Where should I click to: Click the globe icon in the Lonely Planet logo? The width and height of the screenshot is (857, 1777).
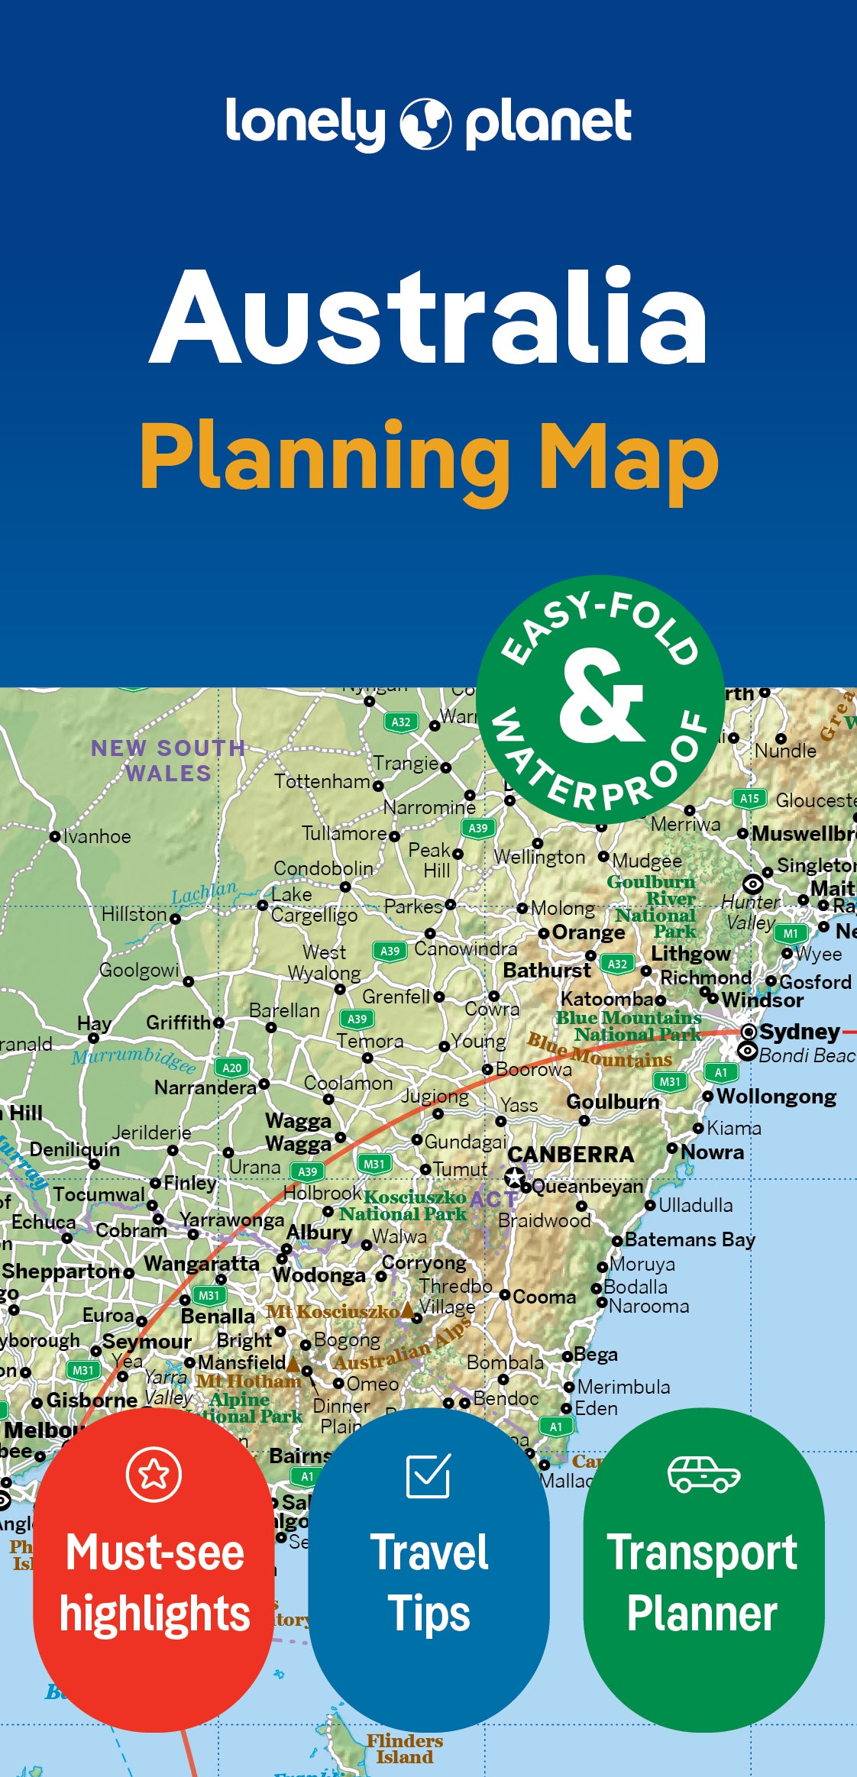pyautogui.click(x=425, y=124)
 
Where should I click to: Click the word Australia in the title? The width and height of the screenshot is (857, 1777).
pyautogui.click(x=428, y=317)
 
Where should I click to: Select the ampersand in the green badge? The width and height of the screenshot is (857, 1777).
pyautogui.click(x=601, y=696)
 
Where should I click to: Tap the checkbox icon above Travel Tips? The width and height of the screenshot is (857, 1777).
pyautogui.click(x=428, y=1475)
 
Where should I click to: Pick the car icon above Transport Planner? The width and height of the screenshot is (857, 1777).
pyautogui.click(x=703, y=1474)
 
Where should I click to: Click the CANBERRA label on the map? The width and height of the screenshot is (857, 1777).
pyautogui.click(x=571, y=1155)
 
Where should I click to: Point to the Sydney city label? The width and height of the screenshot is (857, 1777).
pyautogui.click(x=799, y=1032)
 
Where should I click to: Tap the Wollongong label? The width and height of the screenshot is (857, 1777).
pyautogui.click(x=776, y=1097)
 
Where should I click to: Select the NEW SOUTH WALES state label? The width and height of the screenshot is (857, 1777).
pyautogui.click(x=168, y=761)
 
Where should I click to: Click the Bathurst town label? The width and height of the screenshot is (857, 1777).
pyautogui.click(x=547, y=971)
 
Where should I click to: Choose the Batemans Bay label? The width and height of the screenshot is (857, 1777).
pyautogui.click(x=690, y=1239)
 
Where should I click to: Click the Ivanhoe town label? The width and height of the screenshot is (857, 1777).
pyautogui.click(x=96, y=837)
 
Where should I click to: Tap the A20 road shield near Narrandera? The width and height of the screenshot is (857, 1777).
pyautogui.click(x=232, y=1068)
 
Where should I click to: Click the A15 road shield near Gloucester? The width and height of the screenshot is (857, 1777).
pyautogui.click(x=749, y=799)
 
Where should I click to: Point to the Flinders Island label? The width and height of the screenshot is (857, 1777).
pyautogui.click(x=404, y=1748)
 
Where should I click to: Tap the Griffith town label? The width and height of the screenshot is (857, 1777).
pyautogui.click(x=179, y=1023)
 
